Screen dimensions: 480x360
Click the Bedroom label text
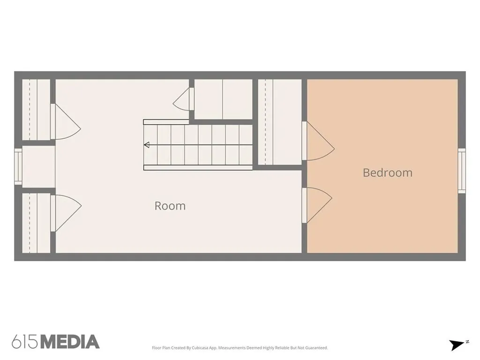tap(388, 172)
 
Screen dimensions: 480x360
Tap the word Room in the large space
tap(170, 206)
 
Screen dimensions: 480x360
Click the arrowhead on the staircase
tap(147, 145)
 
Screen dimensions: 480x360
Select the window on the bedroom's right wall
tap(462, 171)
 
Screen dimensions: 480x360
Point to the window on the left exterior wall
tap(18, 166)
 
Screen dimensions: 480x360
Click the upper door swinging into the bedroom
tap(318, 141)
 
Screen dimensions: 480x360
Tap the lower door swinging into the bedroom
tap(317, 205)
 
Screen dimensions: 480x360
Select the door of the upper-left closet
tap(66, 122)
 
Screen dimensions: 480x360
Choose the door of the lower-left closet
tap(66, 213)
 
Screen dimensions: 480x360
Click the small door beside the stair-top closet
tap(183, 98)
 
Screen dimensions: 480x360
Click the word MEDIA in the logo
tap(70, 342)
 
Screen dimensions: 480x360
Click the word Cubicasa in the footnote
tap(200, 348)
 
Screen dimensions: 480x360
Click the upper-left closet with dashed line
tap(36, 110)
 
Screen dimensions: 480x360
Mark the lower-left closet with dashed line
tap(36, 223)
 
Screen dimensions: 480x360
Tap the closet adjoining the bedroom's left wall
tap(280, 122)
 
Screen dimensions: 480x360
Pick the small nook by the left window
tap(38, 166)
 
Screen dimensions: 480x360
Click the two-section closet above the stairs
tap(223, 99)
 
